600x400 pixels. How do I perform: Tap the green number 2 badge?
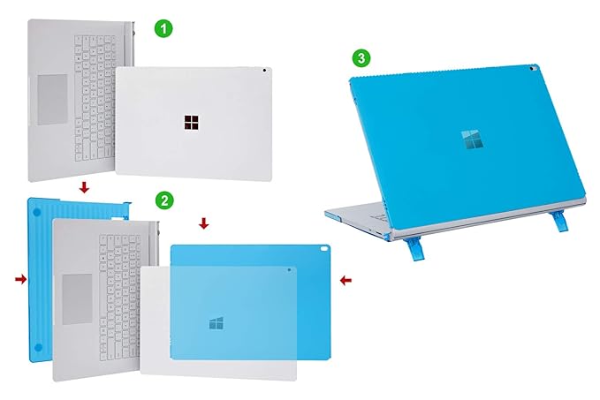(x=164, y=200)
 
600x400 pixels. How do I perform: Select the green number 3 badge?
(x=361, y=58)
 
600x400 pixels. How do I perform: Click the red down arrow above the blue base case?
(x=82, y=187)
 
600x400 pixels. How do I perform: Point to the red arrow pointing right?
(x=20, y=279)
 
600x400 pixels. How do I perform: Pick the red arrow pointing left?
(x=346, y=280)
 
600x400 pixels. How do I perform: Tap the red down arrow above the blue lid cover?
(x=204, y=223)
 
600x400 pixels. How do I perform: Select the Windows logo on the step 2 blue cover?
(x=216, y=323)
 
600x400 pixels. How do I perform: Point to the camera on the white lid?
(x=265, y=71)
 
